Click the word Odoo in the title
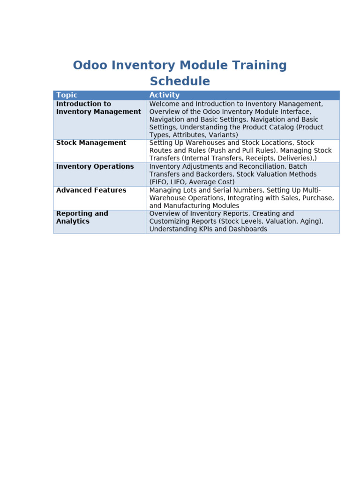pyautogui.click(x=90, y=65)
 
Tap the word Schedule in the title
pyautogui.click(x=180, y=81)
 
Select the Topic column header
pyautogui.click(x=67, y=95)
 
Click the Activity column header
pyautogui.click(x=165, y=95)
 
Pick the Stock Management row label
pyautogui.click(x=91, y=142)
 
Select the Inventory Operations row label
pyautogui.click(x=95, y=166)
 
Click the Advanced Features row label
pyautogui.click(x=91, y=190)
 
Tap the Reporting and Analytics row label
pyautogui.click(x=82, y=217)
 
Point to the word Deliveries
pyautogui.click(x=294, y=158)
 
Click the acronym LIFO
pyautogui.click(x=178, y=182)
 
